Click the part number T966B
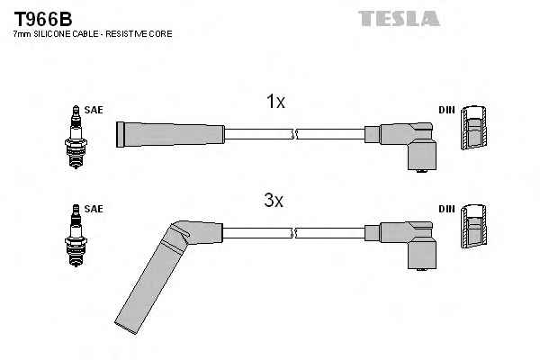click(43, 19)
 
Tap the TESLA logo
click(399, 18)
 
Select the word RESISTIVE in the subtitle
click(126, 34)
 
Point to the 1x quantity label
click(275, 102)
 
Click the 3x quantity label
click(274, 200)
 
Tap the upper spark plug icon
click(76, 137)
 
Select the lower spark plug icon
click(76, 236)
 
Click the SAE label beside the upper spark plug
click(94, 110)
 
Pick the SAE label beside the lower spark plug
click(94, 209)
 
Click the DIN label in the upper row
click(446, 110)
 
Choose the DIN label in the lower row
click(446, 209)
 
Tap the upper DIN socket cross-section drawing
click(474, 127)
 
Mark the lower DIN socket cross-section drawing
click(474, 226)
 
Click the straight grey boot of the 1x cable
click(170, 134)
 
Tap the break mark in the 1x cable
click(294, 134)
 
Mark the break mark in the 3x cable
click(294, 233)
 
